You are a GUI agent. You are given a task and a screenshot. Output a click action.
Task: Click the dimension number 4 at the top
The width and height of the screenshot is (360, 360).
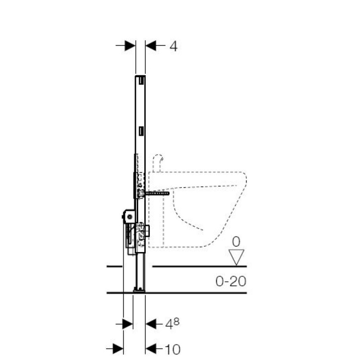tap(174, 46)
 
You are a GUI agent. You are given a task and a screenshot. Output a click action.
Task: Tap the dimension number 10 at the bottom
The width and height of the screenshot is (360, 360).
tap(173, 350)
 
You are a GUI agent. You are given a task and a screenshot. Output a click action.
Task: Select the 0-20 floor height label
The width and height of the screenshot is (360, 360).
tap(231, 281)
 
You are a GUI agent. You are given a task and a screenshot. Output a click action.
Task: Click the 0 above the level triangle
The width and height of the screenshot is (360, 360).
tap(236, 242)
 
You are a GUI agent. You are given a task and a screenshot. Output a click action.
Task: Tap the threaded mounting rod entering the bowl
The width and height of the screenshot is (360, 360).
tap(157, 193)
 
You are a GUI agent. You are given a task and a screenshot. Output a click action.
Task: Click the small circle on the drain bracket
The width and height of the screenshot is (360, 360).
tap(130, 216)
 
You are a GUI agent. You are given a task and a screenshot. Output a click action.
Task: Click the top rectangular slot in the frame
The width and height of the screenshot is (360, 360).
tap(141, 80)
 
